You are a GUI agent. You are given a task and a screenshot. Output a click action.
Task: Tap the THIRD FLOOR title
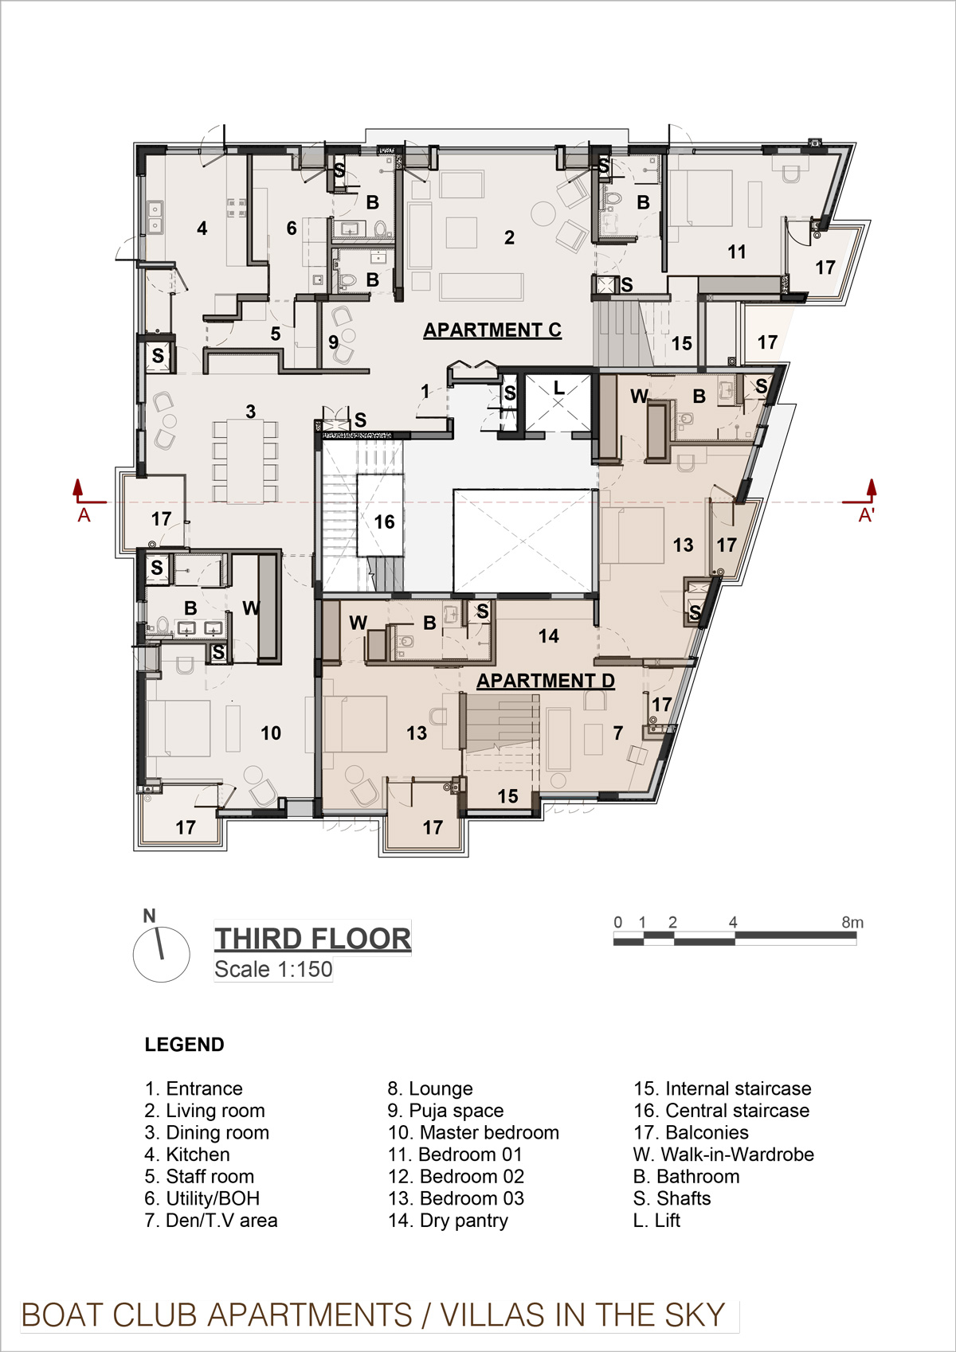313,940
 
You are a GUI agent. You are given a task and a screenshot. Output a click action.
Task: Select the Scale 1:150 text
273,969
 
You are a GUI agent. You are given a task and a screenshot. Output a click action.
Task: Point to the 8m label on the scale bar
852,922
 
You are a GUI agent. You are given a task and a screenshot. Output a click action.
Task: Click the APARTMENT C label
492,330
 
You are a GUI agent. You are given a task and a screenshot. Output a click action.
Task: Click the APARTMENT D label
546,681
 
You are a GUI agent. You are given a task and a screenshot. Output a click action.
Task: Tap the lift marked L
558,403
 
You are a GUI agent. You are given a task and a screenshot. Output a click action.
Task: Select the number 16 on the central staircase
384,522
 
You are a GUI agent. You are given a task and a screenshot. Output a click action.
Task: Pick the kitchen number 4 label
202,229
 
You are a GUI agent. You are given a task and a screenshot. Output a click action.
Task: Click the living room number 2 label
510,238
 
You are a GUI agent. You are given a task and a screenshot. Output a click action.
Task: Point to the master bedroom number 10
271,733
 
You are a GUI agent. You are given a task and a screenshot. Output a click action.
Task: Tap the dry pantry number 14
548,636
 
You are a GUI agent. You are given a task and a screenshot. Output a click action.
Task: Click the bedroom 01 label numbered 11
736,252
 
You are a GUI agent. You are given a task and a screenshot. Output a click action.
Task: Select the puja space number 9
333,342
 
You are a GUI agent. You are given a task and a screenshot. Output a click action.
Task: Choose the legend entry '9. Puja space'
445,1111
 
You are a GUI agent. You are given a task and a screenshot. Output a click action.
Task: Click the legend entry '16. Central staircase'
721,1111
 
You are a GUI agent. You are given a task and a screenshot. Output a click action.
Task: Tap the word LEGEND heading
184,1045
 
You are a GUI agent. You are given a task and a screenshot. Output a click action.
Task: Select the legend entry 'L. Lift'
656,1221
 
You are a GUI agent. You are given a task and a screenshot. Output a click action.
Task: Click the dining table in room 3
245,461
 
